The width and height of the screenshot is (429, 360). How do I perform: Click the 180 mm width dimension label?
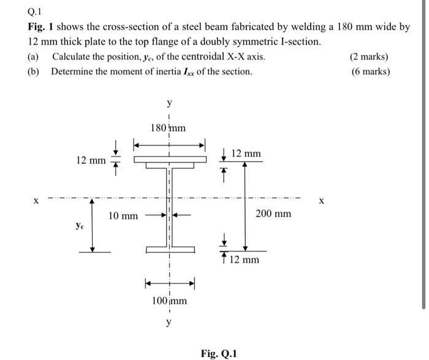point(168,128)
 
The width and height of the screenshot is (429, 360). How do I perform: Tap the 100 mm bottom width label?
point(169,301)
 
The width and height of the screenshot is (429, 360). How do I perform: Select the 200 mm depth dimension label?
point(273,214)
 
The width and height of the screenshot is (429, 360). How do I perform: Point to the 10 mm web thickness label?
point(123,216)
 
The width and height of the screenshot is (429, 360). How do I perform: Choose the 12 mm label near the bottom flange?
point(245,260)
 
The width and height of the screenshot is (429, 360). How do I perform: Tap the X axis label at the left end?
point(36,200)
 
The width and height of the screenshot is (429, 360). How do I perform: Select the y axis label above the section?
point(169,103)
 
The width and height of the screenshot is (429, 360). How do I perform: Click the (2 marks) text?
point(369,58)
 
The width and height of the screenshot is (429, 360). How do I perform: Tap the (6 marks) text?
point(369,72)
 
